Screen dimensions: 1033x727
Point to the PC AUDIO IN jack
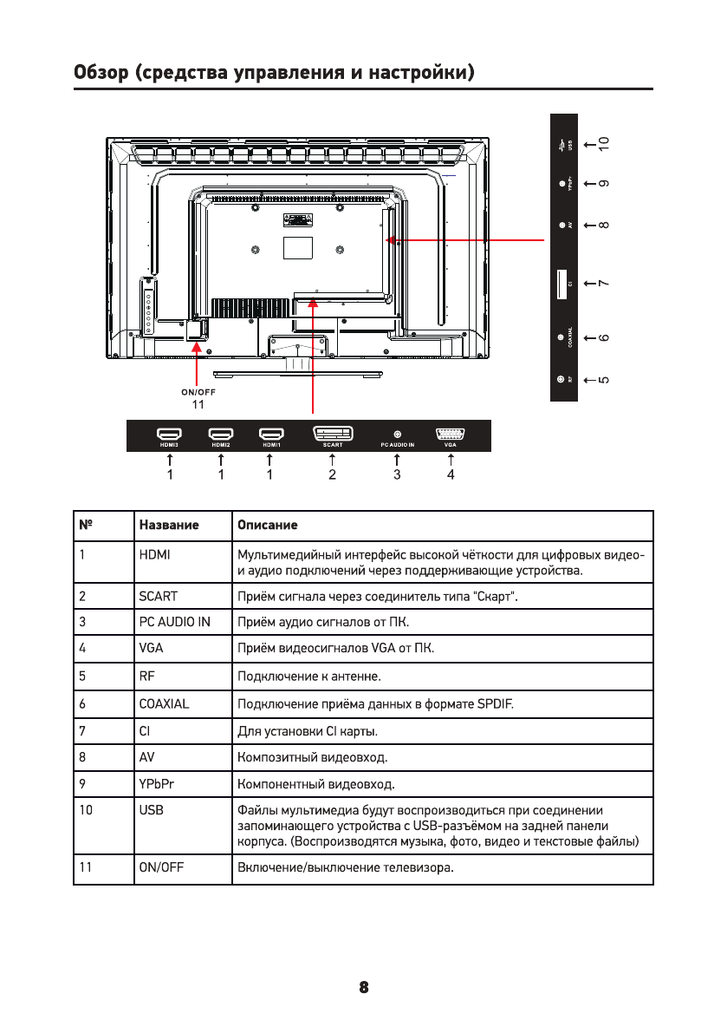(397, 433)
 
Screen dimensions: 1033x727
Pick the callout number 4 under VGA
(451, 475)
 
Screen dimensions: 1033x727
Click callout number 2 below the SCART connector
(333, 475)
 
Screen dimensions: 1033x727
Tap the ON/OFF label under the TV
(198, 392)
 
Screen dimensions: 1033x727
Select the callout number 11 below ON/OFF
(198, 404)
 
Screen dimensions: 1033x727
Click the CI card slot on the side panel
(561, 284)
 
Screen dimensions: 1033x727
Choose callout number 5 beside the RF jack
(604, 379)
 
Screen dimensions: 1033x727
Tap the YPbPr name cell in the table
(157, 786)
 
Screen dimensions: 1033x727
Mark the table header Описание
(268, 526)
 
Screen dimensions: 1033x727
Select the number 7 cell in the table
(82, 731)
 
